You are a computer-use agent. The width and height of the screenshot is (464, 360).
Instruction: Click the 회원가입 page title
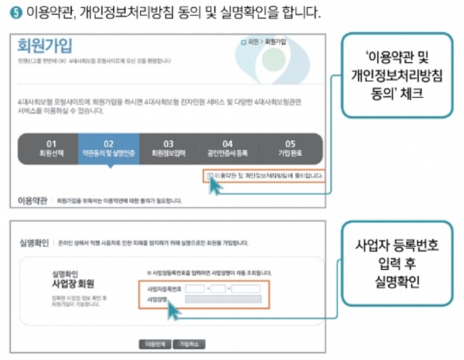coord(44,48)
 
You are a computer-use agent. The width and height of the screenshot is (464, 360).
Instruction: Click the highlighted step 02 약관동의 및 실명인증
coord(109,148)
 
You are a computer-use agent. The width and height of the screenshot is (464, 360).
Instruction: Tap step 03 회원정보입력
coord(169,148)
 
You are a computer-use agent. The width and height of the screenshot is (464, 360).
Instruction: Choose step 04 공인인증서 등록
coord(227,148)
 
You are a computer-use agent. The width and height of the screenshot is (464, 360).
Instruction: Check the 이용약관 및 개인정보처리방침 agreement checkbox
coord(209,175)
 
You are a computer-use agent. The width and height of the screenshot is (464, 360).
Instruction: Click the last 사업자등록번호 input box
coord(246,288)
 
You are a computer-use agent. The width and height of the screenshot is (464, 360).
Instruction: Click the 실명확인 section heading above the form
coord(33,243)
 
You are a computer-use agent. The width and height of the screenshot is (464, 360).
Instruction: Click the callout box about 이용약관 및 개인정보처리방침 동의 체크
coord(396,76)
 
